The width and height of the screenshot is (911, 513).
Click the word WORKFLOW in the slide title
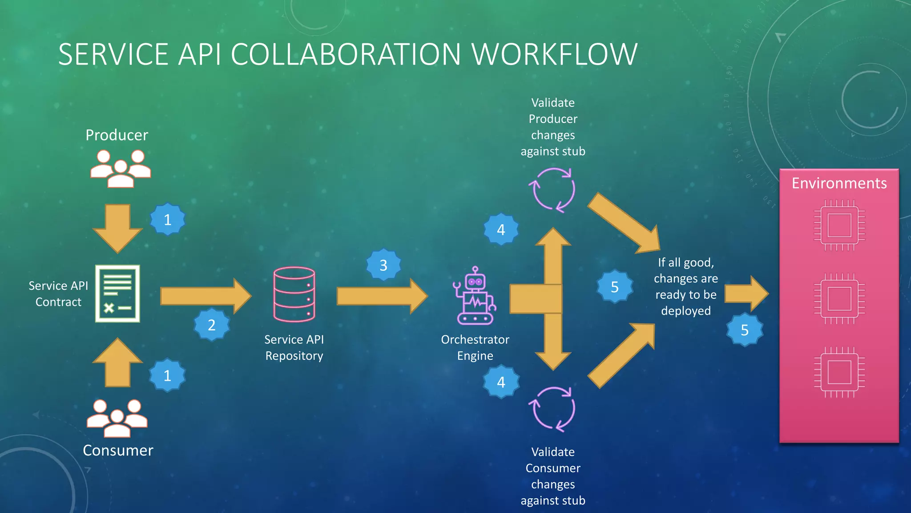coord(554,55)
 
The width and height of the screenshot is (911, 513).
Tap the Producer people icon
coord(120,168)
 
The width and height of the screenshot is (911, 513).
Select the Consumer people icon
coord(117,418)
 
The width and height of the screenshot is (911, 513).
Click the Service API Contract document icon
coord(117,293)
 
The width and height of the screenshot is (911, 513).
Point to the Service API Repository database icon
coord(294,294)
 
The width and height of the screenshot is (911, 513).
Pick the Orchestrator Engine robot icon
coord(475,296)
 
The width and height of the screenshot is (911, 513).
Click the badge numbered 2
coord(212,325)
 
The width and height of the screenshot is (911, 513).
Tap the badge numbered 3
coord(383,265)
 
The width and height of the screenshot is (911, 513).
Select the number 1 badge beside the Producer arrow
coord(167,220)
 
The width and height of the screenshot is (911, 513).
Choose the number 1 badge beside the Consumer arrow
coord(167,375)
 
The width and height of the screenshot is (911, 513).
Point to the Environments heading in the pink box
coord(839,183)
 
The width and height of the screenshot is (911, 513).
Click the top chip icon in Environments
coord(839,225)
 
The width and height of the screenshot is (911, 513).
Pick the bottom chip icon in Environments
coord(839,372)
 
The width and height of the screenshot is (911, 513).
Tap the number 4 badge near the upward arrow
coord(501,230)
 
